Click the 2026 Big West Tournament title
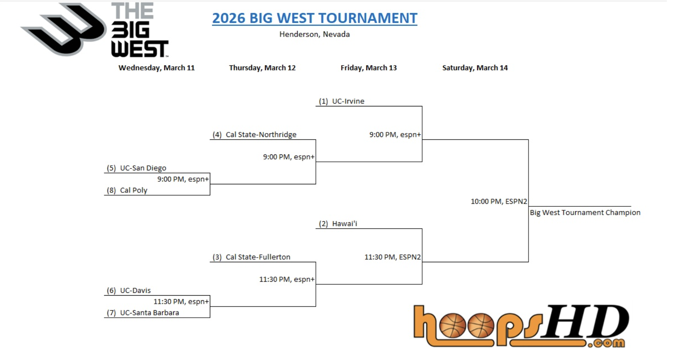coord(314,18)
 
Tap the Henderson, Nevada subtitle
coord(314,34)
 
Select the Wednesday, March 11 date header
coord(156,68)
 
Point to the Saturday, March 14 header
coord(475,68)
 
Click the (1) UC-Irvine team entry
coord(341,101)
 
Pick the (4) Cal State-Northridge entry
coord(254,134)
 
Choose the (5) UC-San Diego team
coord(136,168)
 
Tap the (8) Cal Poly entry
coord(127,190)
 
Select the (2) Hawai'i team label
coord(338,224)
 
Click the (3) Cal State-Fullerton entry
coord(251,257)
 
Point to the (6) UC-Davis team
coord(129,291)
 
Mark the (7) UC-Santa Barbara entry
coord(143,313)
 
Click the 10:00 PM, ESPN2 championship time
coord(499,201)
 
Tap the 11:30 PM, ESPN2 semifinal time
coord(393,257)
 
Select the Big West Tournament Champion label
coord(585,213)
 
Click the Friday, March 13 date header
coord(368,68)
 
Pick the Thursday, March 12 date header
coord(262,68)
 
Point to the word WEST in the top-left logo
coord(140,49)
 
